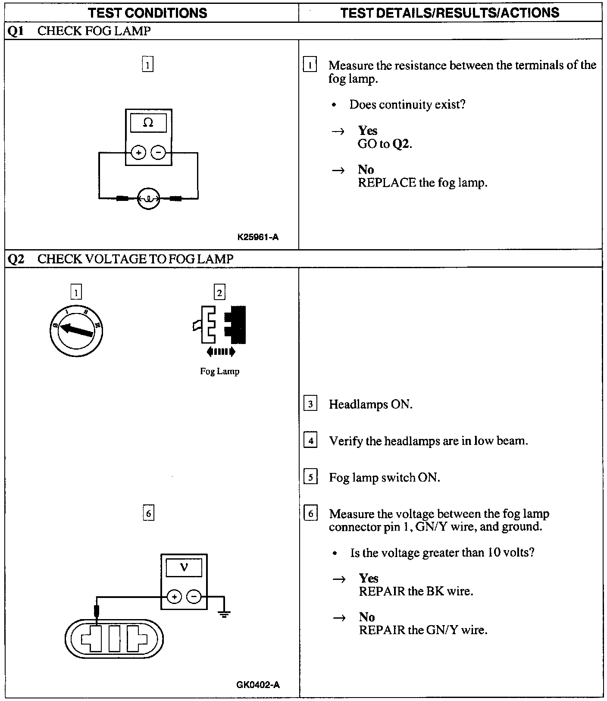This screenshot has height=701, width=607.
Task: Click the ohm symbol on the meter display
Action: click(148, 123)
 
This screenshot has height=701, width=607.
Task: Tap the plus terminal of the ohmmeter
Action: click(138, 153)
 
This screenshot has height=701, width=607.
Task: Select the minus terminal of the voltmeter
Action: click(194, 597)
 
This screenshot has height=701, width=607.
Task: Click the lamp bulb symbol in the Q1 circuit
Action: click(148, 199)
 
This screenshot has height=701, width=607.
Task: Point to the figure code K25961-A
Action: click(258, 237)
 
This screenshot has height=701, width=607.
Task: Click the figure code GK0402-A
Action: click(258, 685)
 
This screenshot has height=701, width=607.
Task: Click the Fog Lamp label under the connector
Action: click(219, 371)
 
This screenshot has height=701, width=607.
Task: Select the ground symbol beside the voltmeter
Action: click(224, 614)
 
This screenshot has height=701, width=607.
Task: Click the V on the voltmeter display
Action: click(184, 567)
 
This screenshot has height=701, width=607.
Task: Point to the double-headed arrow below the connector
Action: click(221, 352)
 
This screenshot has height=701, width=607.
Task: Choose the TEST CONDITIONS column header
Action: click(148, 13)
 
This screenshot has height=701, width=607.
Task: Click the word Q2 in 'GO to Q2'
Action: click(401, 144)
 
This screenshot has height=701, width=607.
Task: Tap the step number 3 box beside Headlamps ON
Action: click(310, 404)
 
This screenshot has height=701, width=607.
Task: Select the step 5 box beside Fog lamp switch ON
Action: click(310, 477)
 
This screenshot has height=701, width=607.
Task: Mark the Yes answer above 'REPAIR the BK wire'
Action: click(368, 578)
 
